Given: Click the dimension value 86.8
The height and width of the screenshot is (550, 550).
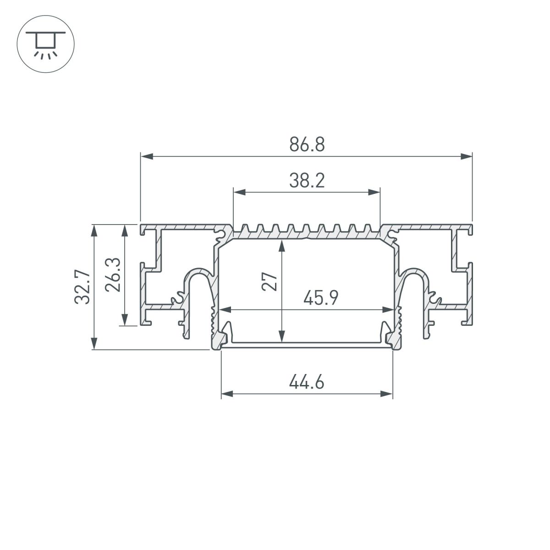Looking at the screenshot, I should (x=307, y=145).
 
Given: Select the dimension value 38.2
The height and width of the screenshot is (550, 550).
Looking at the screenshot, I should (x=307, y=181).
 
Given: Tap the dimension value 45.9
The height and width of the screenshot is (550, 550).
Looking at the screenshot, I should (x=321, y=299).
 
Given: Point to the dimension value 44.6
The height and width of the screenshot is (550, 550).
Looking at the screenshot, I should (x=307, y=382).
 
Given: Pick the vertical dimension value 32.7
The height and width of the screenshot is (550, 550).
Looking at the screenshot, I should (x=82, y=287).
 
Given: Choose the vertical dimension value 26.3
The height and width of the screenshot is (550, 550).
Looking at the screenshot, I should (x=112, y=275).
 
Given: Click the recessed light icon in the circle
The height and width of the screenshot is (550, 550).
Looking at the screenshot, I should (x=45, y=44).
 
